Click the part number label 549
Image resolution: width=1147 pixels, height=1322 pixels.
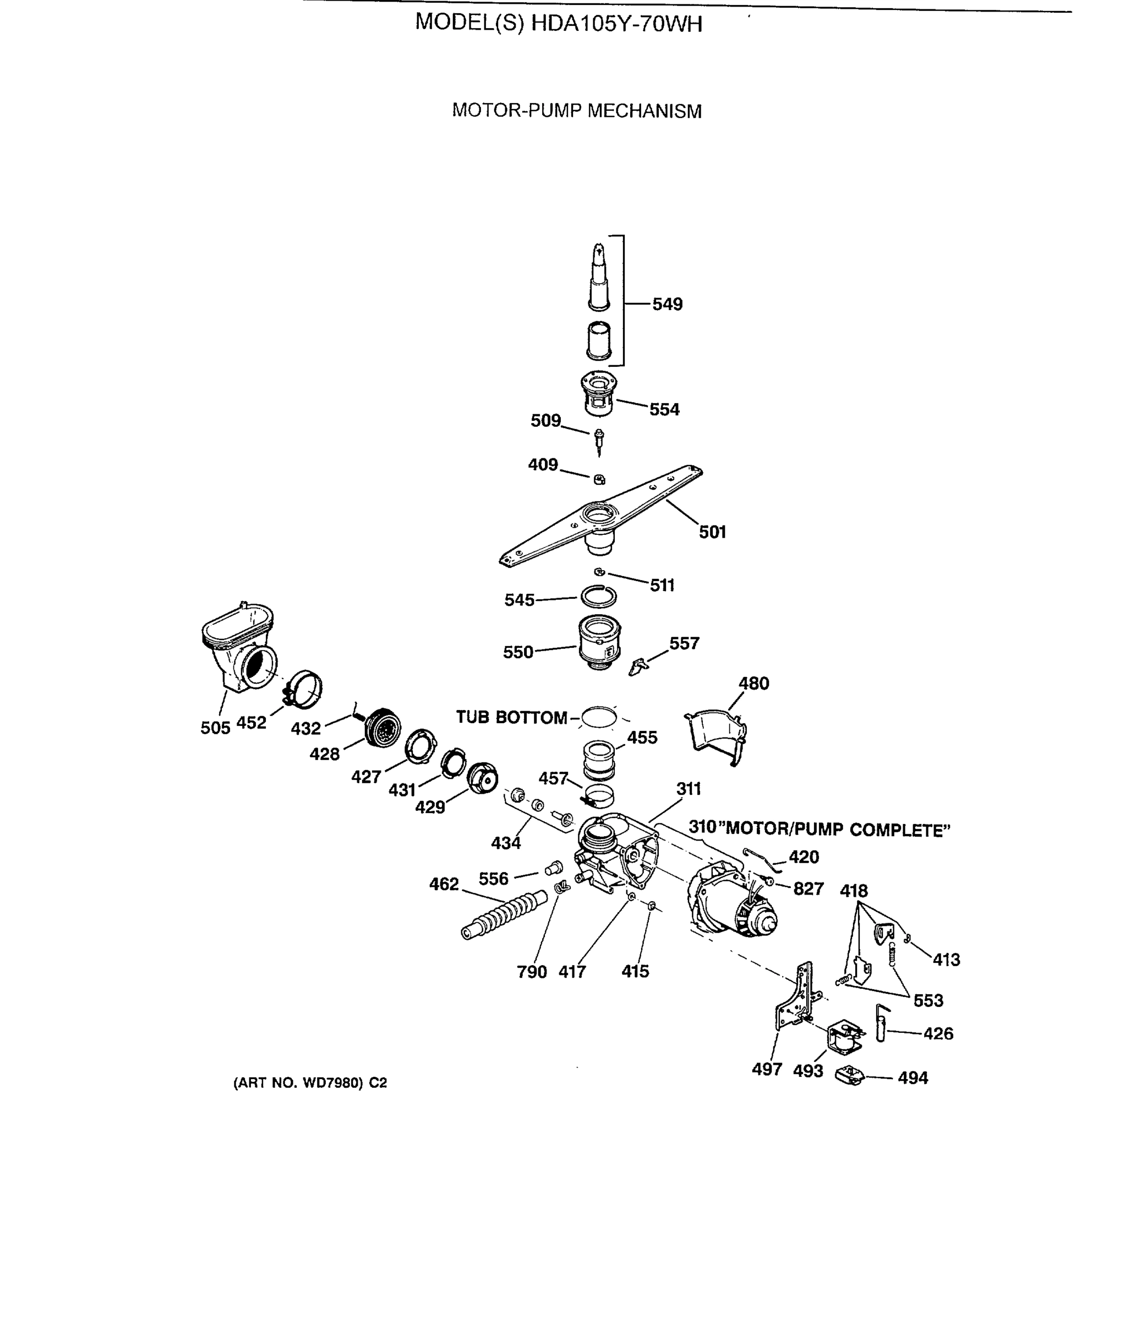click(x=668, y=304)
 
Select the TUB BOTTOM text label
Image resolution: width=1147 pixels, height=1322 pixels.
click(x=511, y=717)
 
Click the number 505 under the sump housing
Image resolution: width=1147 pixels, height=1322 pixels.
click(x=215, y=728)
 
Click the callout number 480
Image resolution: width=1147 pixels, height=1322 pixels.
click(x=753, y=684)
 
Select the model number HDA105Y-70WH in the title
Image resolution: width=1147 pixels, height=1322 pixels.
click(x=616, y=24)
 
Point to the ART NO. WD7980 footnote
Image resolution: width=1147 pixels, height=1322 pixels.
click(x=310, y=1083)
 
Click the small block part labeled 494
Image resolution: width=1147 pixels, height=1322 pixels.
click(x=850, y=1075)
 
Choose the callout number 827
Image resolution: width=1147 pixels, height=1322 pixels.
click(x=809, y=889)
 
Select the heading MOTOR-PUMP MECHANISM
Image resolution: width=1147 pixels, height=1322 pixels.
click(x=577, y=111)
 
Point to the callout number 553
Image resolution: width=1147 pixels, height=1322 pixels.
click(x=928, y=1000)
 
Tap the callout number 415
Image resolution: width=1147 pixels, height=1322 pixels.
click(x=635, y=972)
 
